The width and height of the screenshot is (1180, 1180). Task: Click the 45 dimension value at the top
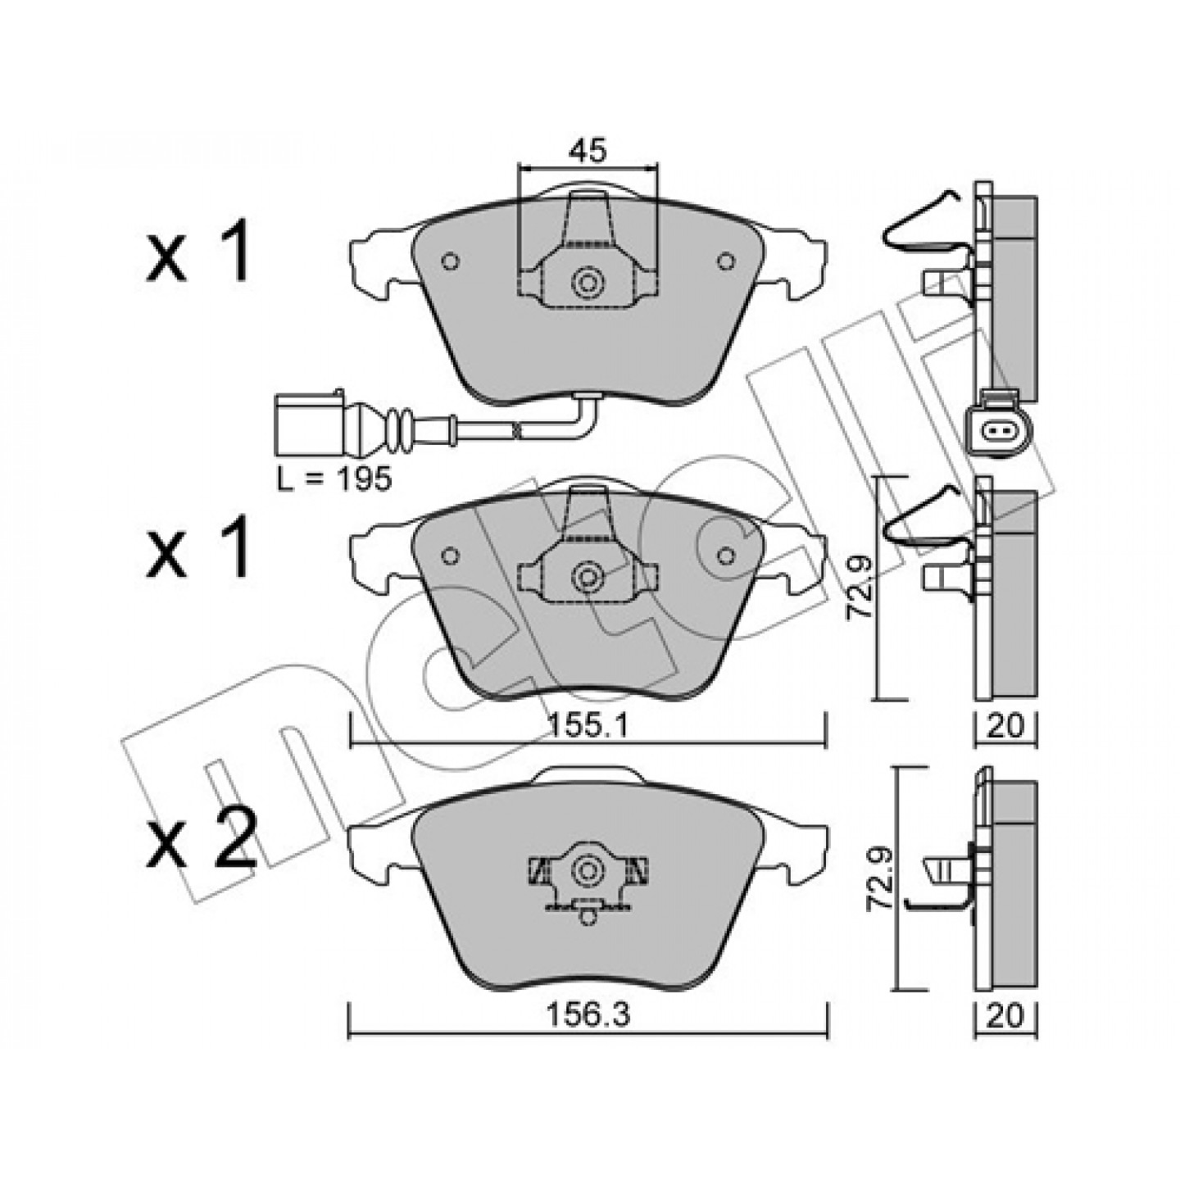coord(588,152)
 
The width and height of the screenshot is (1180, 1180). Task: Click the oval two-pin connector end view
coord(999,433)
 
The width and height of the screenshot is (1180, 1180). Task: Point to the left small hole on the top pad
coord(450,261)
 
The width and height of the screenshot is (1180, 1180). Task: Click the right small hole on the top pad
coord(726,261)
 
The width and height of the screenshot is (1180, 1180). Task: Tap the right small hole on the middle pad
coord(726,555)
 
